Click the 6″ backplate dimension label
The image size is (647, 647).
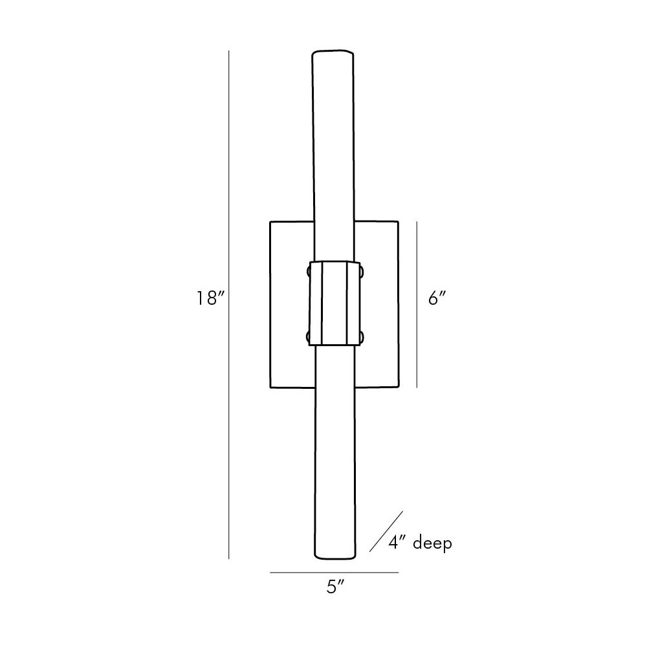pyautogui.click(x=437, y=298)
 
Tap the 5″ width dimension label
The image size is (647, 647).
pyautogui.click(x=335, y=587)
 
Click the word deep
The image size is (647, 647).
pyautogui.click(x=432, y=543)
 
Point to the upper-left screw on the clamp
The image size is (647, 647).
pyautogui.click(x=308, y=271)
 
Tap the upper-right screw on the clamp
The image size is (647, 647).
pyautogui.click(x=362, y=271)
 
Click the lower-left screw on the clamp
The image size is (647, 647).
pyautogui.click(x=308, y=337)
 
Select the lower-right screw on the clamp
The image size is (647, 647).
pyautogui.click(x=362, y=336)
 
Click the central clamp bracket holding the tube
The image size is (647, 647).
pyautogui.click(x=334, y=303)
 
